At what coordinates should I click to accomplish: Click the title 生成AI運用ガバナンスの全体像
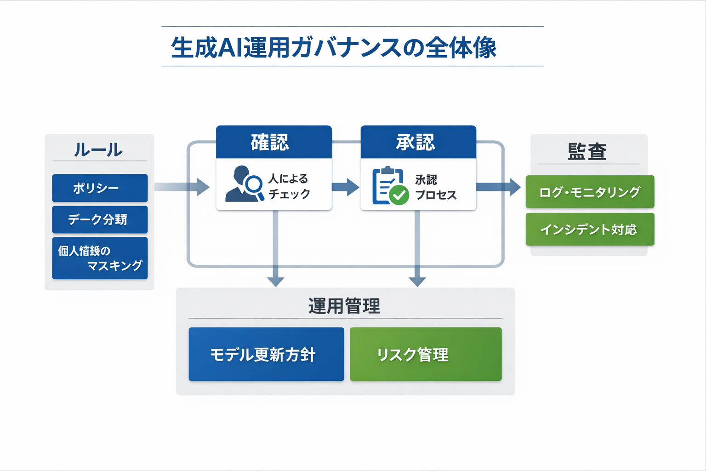(x=334, y=47)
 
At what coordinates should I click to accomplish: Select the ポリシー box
(x=100, y=188)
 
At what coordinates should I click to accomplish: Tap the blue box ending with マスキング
(x=100, y=258)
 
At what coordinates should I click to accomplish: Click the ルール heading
(x=98, y=150)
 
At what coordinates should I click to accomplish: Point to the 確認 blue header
(x=273, y=142)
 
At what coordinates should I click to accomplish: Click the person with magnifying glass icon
(x=244, y=184)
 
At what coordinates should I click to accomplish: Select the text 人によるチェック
(x=289, y=186)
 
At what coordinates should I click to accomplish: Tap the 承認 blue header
(x=418, y=142)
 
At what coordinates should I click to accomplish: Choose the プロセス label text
(x=436, y=195)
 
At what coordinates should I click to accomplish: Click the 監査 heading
(x=587, y=151)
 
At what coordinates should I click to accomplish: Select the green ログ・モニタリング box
(x=590, y=192)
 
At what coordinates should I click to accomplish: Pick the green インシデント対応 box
(x=590, y=229)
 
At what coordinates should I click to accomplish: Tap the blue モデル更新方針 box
(x=266, y=354)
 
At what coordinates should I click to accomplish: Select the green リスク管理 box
(x=425, y=354)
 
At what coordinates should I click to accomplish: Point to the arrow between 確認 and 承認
(x=346, y=187)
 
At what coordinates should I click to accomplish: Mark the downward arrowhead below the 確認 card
(x=275, y=281)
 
